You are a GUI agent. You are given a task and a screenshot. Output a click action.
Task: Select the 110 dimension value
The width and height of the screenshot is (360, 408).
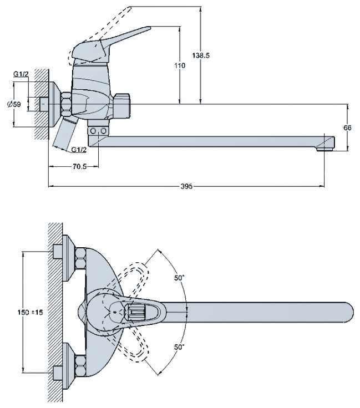pos(179,65)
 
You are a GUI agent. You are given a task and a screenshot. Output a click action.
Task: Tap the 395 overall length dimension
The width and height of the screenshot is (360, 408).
pos(186,187)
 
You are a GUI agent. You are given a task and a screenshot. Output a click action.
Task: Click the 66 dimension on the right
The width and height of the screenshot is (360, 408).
pos(347,127)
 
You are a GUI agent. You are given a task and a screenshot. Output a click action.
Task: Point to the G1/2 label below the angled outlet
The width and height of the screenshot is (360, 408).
pos(79,150)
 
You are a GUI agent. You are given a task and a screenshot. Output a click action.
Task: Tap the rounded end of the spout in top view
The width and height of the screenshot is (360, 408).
pos(347,312)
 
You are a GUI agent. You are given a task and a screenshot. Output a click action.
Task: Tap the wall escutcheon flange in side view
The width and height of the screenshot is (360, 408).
pos(54,104)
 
